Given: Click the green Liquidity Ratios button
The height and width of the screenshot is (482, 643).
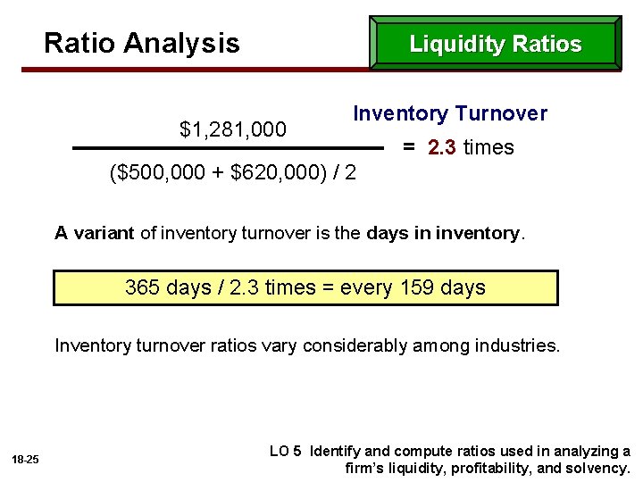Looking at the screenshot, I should point(495,44).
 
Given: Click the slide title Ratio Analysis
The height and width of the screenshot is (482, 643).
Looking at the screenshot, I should point(142,43).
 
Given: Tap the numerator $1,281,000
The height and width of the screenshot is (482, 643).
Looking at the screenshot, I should point(233,129).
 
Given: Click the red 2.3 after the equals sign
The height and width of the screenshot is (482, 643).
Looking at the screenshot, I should point(443,147).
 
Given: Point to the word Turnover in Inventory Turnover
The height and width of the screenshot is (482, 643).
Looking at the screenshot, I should point(501,113).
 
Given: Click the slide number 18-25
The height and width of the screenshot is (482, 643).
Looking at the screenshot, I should point(26,459).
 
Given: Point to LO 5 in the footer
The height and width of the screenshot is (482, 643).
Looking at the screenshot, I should point(286,451).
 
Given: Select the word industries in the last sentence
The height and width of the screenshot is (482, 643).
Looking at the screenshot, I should point(521,345).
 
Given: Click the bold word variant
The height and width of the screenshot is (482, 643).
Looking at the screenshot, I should point(104,234).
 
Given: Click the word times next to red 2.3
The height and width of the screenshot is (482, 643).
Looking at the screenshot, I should point(489,147).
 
